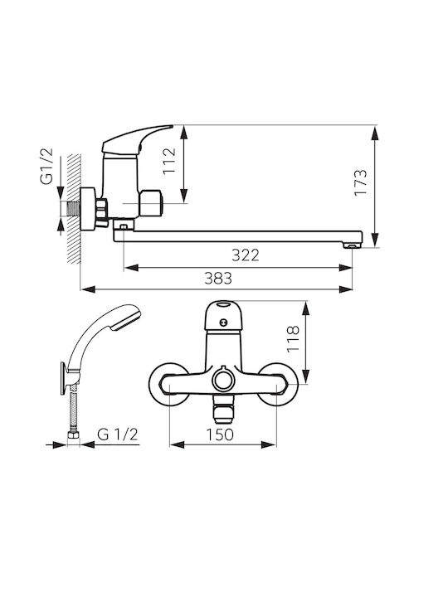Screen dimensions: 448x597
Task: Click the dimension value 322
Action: (x=246, y=255)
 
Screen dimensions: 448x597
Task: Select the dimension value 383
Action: (x=218, y=279)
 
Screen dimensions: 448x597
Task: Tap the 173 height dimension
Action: (x=360, y=182)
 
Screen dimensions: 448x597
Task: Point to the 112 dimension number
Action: (x=169, y=160)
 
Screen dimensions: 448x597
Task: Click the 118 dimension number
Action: (x=293, y=339)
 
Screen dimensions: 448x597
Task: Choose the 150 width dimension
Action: (x=220, y=434)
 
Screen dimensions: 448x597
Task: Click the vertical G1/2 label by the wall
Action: (x=46, y=167)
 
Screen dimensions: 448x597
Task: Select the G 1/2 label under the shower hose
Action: (x=117, y=434)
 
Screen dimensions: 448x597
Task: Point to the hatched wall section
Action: (x=74, y=208)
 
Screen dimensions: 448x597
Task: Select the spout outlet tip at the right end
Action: (x=353, y=245)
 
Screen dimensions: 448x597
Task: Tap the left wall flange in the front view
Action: (x=168, y=384)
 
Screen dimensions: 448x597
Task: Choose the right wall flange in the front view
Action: (x=278, y=384)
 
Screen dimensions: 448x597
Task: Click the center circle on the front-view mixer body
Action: (x=223, y=380)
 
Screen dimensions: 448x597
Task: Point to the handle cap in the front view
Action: (x=223, y=315)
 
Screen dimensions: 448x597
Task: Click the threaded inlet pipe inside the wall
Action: (x=70, y=209)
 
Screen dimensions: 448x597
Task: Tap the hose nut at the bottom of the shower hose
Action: (x=73, y=435)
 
